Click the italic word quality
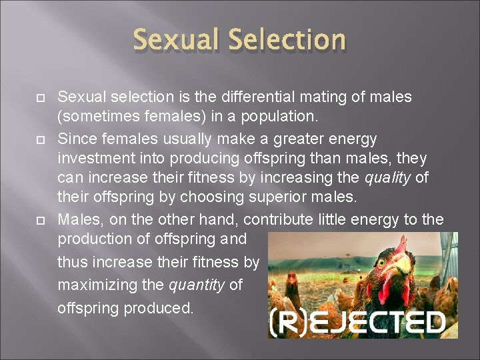[x=389, y=179]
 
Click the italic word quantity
[x=197, y=285]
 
